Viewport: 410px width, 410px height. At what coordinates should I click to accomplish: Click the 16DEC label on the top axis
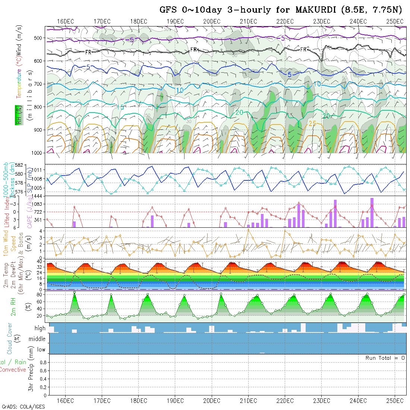click(x=66, y=21)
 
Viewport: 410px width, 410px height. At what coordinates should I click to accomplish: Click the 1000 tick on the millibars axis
click(x=38, y=153)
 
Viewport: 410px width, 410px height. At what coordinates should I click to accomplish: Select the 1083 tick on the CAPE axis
click(x=39, y=204)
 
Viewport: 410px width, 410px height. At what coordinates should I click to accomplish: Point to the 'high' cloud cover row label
click(x=40, y=328)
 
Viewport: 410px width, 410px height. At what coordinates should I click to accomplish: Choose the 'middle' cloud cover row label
click(x=37, y=339)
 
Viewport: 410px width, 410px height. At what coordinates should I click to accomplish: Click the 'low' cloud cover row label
click(x=41, y=350)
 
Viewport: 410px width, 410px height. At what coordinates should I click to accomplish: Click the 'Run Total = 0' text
click(x=385, y=358)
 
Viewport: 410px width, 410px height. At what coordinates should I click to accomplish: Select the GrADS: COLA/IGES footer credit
click(x=23, y=407)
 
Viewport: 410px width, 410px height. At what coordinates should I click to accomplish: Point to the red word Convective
click(x=13, y=370)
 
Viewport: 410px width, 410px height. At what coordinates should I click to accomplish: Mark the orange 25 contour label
click(x=312, y=123)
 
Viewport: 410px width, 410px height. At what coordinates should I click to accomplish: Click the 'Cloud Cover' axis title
click(x=9, y=338)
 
